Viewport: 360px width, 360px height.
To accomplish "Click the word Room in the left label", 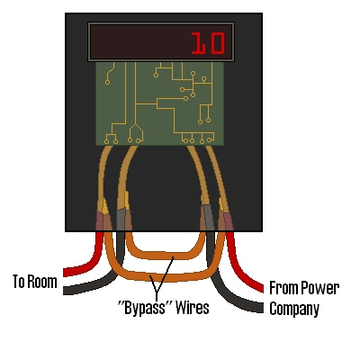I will (42, 282).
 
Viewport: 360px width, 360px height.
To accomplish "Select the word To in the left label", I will (19, 282).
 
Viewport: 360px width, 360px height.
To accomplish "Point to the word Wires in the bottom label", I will (193, 309).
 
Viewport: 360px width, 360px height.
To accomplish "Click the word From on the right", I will (287, 289).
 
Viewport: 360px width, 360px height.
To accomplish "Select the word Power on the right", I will (322, 289).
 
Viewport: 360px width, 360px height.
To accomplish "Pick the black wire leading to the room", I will (85, 283).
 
